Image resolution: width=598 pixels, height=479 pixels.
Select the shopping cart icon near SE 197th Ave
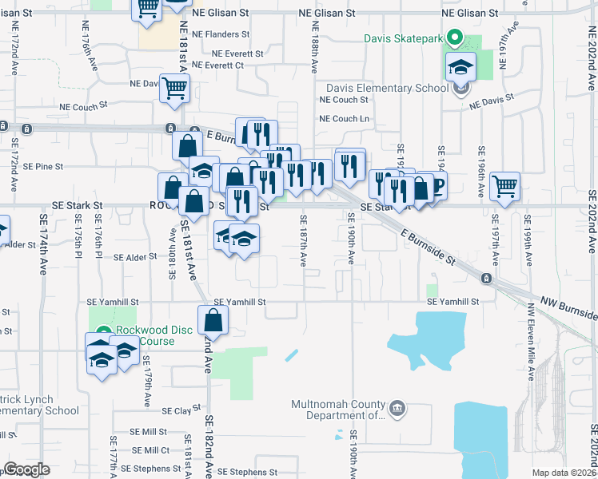(505, 186)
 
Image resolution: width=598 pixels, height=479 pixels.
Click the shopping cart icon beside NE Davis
(174, 89)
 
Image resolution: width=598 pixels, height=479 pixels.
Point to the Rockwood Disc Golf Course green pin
(102, 332)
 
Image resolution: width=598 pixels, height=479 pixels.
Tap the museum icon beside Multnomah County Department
(397, 410)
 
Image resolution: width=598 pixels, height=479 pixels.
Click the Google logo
(26, 469)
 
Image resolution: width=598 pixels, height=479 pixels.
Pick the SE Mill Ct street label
(152, 450)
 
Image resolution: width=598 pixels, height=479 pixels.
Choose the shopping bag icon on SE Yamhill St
(214, 320)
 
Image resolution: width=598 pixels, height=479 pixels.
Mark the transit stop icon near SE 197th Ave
(486, 278)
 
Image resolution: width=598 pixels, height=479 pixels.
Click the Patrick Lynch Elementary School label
(40, 411)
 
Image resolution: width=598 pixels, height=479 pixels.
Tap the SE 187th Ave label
(303, 240)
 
